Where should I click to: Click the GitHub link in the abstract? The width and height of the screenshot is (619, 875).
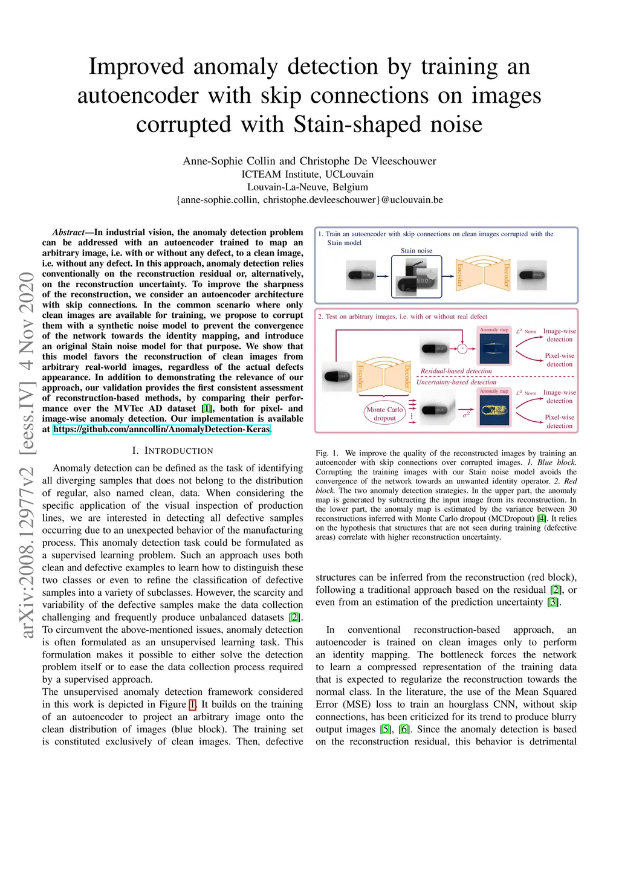tap(161, 430)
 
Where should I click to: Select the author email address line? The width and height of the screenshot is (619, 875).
tap(309, 200)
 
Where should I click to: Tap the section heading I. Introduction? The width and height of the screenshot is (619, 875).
tap(172, 451)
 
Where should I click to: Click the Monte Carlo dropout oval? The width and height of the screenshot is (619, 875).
tap(384, 413)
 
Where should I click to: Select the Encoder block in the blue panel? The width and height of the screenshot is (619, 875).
tap(460, 275)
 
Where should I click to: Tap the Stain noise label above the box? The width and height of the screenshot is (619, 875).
tap(416, 251)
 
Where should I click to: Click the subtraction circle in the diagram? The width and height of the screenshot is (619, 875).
tap(462, 348)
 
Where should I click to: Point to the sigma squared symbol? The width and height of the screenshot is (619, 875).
tap(466, 415)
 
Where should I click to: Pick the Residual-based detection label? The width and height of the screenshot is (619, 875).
tap(456, 371)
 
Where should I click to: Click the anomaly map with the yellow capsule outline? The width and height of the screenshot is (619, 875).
tap(494, 411)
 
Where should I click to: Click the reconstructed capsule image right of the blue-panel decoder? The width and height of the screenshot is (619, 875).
tap(531, 276)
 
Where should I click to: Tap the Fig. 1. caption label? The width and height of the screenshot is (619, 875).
tap(327, 453)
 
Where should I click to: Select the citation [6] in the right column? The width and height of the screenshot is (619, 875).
tap(404, 729)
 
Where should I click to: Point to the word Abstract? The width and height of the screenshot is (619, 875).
tap(68, 233)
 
